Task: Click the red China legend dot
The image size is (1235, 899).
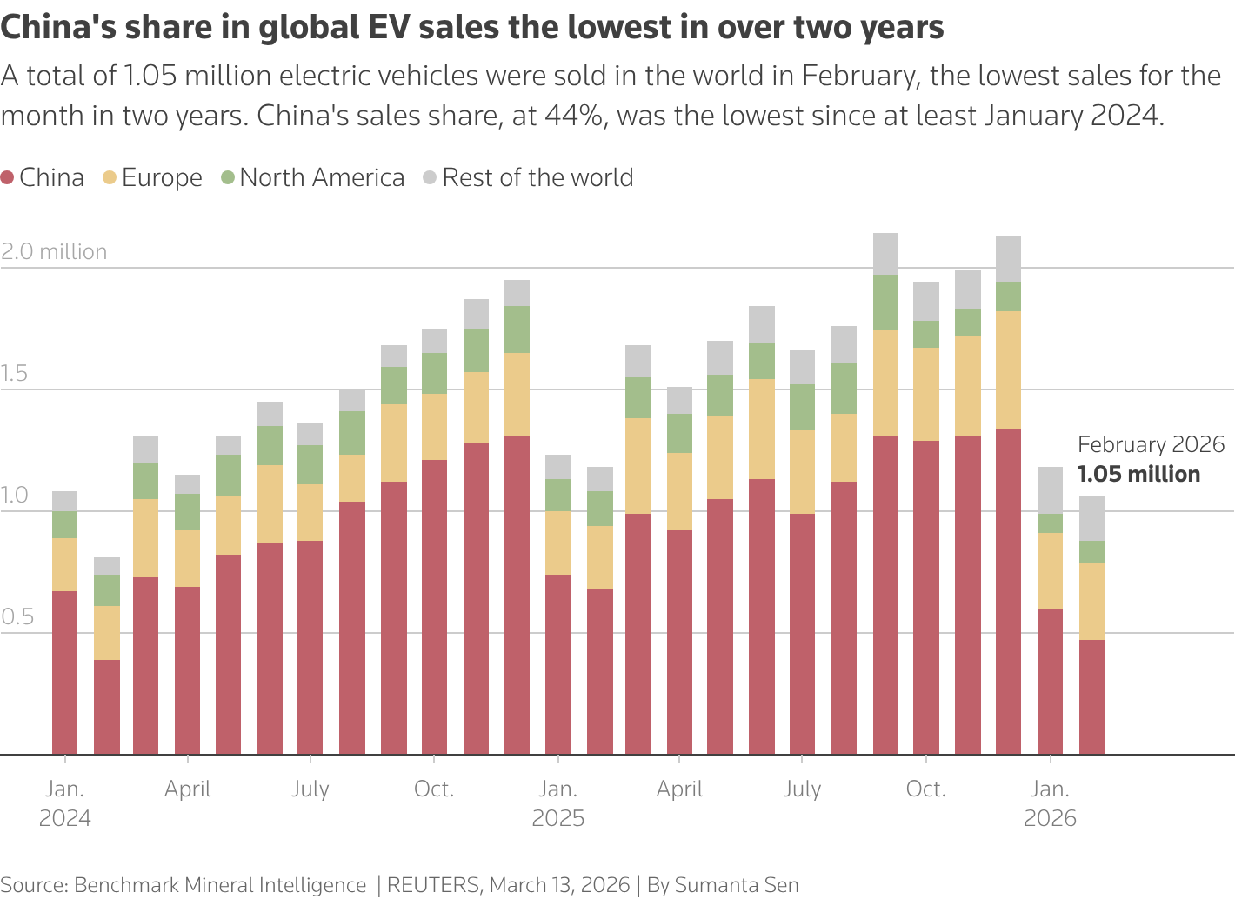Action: [7, 177]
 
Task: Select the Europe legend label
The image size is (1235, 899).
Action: [162, 177]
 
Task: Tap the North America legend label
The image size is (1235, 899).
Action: [322, 177]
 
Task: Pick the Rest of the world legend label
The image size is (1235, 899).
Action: [537, 177]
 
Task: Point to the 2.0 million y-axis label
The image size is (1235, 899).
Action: [54, 251]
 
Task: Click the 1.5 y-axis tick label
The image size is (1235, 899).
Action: [14, 373]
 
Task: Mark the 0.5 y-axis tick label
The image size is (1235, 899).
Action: [17, 616]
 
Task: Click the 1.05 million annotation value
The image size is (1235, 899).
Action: [1138, 474]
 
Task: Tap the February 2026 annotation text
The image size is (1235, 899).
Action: [1151, 444]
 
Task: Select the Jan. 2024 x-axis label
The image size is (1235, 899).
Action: [64, 803]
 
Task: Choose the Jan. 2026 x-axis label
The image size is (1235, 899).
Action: [1050, 803]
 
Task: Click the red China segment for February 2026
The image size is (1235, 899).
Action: [1091, 696]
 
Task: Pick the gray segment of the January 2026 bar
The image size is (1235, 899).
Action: [1050, 490]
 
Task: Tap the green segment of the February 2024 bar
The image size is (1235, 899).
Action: [106, 590]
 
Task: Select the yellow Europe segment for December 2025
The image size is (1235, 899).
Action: [1008, 370]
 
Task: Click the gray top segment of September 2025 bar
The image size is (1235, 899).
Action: [885, 254]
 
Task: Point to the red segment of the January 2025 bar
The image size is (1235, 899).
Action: [558, 664]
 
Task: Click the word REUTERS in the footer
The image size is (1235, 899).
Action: [433, 885]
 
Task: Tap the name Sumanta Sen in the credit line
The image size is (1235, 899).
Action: [737, 885]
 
